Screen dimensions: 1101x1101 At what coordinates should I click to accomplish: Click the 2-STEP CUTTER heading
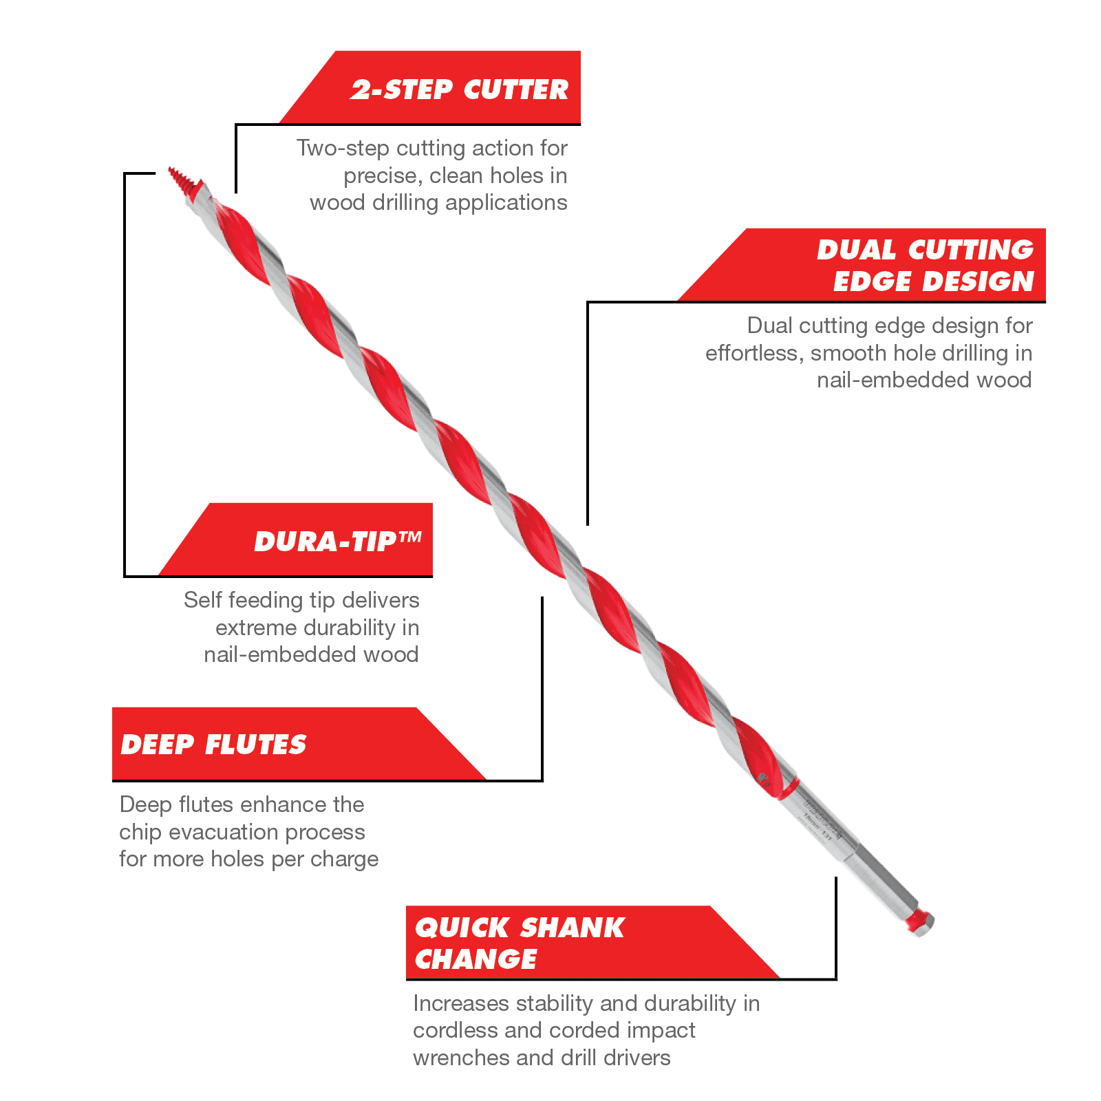point(460,89)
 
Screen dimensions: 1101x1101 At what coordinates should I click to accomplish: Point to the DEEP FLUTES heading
point(213,745)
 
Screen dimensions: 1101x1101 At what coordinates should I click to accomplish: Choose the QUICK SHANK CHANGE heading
point(520,943)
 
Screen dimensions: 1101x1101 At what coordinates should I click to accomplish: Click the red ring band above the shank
point(789,789)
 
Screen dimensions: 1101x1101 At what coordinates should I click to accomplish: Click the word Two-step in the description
point(343,148)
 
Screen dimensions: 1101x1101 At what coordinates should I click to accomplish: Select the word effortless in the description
point(754,353)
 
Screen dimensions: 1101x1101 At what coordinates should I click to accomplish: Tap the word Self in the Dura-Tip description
point(203,600)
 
